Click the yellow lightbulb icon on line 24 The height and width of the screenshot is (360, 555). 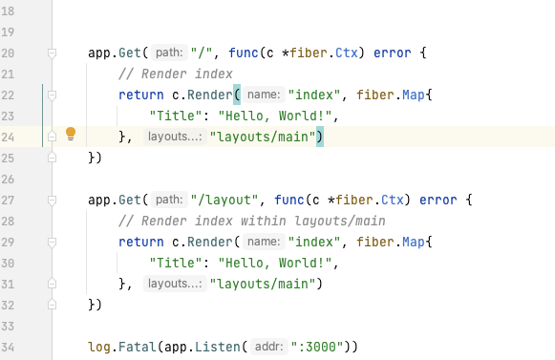point(70,135)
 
